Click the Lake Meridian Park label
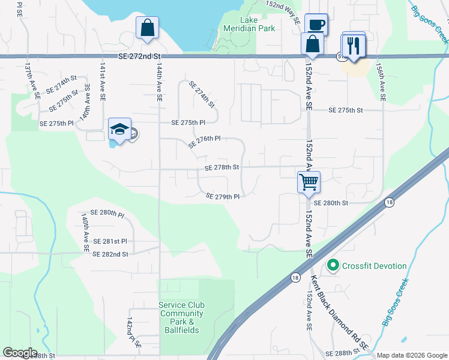pyautogui.click(x=249, y=23)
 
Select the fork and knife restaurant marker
pyautogui.click(x=353, y=46)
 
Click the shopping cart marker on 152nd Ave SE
pyautogui.click(x=309, y=181)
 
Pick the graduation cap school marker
pyautogui.click(x=119, y=129)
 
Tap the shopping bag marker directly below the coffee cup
pyautogui.click(x=313, y=44)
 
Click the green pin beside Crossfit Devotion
pyautogui.click(x=333, y=265)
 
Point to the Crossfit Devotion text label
pyautogui.click(x=375, y=266)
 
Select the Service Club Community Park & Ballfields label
pyautogui.click(x=181, y=317)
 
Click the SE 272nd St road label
pyautogui.click(x=140, y=56)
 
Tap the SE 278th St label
pyautogui.click(x=222, y=168)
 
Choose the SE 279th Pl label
pyautogui.click(x=223, y=196)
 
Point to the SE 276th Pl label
pyautogui.click(x=204, y=142)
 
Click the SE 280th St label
pyautogui.click(x=331, y=203)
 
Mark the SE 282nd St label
pyautogui.click(x=110, y=254)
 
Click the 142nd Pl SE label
pyautogui.click(x=133, y=334)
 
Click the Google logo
pyautogui.click(x=20, y=353)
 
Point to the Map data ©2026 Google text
pyautogui.click(x=411, y=355)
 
